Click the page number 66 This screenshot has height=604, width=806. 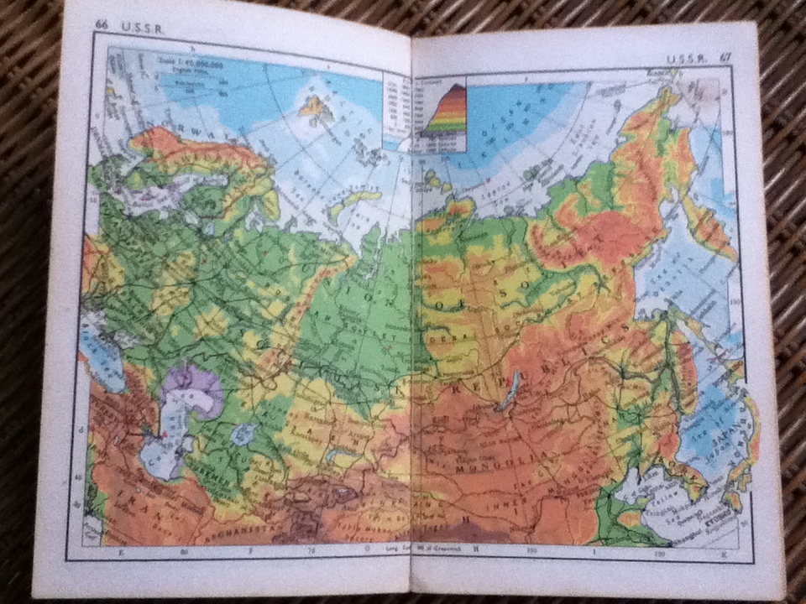click(x=102, y=26)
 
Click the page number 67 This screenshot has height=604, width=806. click(x=725, y=58)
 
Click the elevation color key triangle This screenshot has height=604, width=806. click(x=445, y=109)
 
